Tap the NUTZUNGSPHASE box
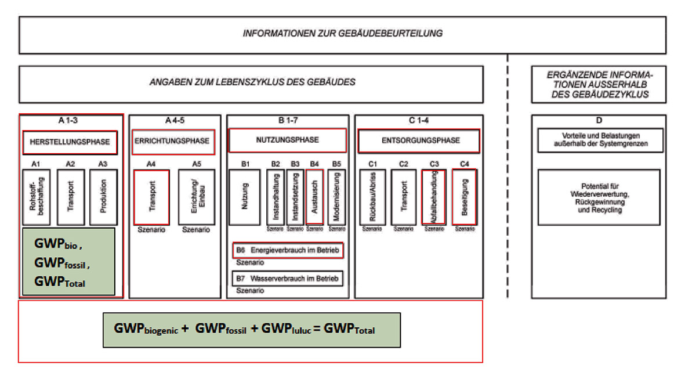pos(287,140)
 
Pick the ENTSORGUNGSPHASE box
pos(419,140)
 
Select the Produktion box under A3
pos(103,197)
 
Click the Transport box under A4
pos(151,197)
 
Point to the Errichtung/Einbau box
pos(196,197)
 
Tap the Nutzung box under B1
pos(244,197)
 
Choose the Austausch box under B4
pos(314,197)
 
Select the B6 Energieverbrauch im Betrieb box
pos(288,250)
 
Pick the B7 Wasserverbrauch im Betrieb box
pos(288,279)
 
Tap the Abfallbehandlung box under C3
pos(433,197)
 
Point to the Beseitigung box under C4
pos(465,197)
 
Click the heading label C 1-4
pos(418,121)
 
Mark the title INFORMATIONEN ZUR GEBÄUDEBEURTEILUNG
pos(342,33)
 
